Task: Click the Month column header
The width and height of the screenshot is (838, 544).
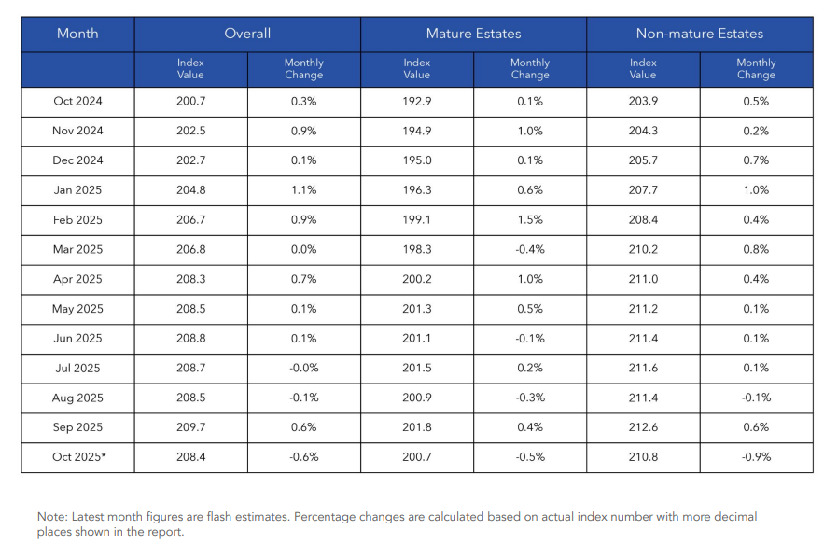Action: (77, 34)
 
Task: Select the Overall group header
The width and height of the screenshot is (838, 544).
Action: (247, 34)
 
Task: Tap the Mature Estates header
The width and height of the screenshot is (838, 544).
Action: (473, 34)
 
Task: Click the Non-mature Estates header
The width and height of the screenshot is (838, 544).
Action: (699, 34)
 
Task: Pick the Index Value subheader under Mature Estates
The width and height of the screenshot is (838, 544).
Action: (417, 68)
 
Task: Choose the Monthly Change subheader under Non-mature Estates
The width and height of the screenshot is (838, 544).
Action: (756, 68)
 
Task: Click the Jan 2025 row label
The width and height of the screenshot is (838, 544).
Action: (77, 190)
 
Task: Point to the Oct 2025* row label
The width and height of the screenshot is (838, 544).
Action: (77, 457)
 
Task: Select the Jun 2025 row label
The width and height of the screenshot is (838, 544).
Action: (77, 339)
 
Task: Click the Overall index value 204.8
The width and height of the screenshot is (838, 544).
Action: (190, 190)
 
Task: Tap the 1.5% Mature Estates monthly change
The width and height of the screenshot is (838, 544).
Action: (530, 220)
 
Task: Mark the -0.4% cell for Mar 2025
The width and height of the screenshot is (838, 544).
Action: (530, 250)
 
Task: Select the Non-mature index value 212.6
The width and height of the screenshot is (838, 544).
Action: (643, 427)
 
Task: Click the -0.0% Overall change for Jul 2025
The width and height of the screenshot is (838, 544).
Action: (303, 369)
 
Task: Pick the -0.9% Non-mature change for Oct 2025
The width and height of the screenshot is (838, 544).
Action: (756, 457)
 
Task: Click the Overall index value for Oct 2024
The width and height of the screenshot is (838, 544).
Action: (190, 102)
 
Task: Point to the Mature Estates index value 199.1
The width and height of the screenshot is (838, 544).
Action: (417, 220)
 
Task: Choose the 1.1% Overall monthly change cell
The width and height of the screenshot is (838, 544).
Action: (303, 190)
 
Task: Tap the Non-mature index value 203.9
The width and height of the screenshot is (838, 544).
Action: (643, 102)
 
